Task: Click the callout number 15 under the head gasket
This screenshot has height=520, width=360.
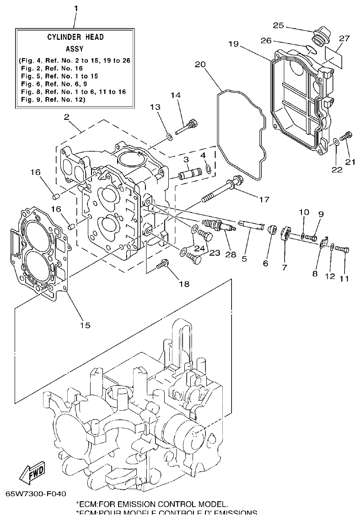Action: pos(85,325)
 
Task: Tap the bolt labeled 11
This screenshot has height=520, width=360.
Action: pos(342,249)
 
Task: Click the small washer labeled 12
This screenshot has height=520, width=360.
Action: pos(331,246)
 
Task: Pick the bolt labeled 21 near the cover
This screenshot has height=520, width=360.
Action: pos(348,134)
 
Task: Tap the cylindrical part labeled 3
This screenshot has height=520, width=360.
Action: pos(189,175)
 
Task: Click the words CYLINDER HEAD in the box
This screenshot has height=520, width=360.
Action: pos(75,37)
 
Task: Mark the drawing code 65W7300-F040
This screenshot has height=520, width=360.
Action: pos(36,494)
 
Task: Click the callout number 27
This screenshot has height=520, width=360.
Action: pos(344,38)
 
